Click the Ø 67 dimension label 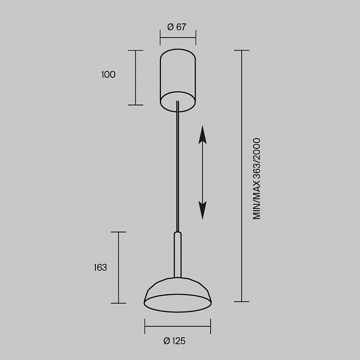(177, 27)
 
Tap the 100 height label (108, 74)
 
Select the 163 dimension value (100, 268)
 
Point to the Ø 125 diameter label (175, 341)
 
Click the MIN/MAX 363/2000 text (257, 179)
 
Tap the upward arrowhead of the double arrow (202, 135)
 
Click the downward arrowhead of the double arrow (202, 211)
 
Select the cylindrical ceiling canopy (178, 80)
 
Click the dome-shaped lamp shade (178, 295)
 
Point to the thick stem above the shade (178, 255)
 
